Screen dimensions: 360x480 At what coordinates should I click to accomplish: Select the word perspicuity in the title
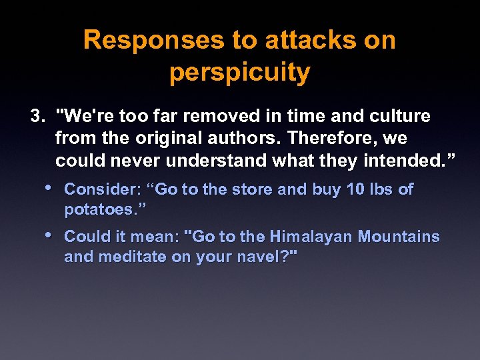(239, 73)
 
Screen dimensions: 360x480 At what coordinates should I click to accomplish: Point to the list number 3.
(37, 117)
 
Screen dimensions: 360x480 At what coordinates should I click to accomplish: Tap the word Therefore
(327, 139)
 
